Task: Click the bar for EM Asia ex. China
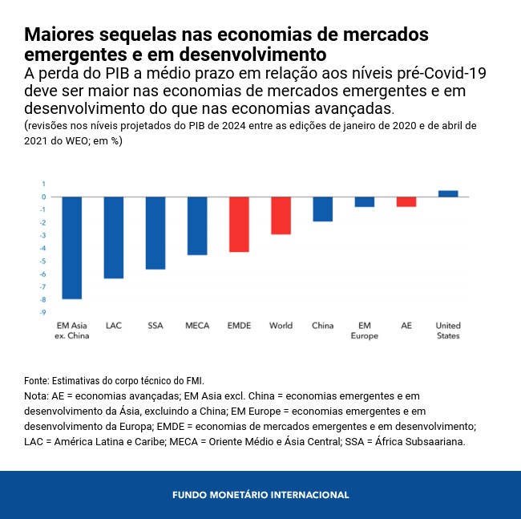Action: point(72,247)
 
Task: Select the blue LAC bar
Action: point(114,237)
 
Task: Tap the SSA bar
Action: point(155,233)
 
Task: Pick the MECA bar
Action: point(197,225)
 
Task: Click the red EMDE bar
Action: point(239,224)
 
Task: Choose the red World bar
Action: point(281,215)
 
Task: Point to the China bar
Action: point(322,209)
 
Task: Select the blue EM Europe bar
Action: point(365,201)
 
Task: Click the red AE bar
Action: point(406,201)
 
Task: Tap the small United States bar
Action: point(448,193)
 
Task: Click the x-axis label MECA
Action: point(197,326)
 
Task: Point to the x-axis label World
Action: point(281,326)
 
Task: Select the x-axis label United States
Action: point(448,330)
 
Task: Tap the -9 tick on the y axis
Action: point(43,312)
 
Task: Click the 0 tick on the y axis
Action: point(44,197)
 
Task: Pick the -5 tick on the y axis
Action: point(43,261)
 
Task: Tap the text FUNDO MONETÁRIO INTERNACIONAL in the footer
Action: point(260,495)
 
